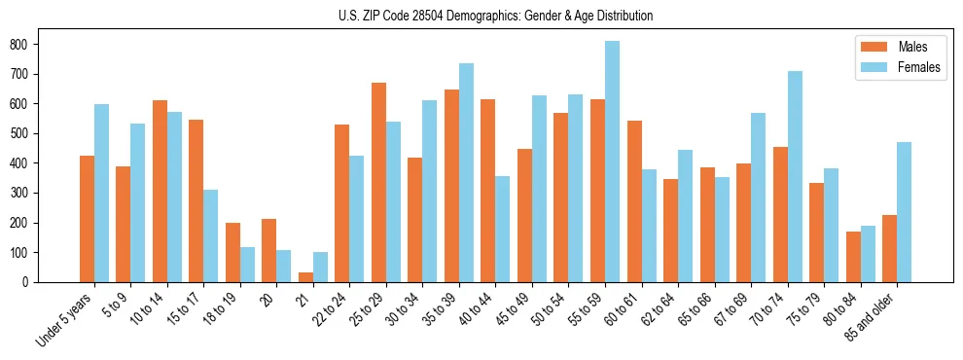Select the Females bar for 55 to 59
[x=612, y=162]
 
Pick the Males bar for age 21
[x=305, y=277]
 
